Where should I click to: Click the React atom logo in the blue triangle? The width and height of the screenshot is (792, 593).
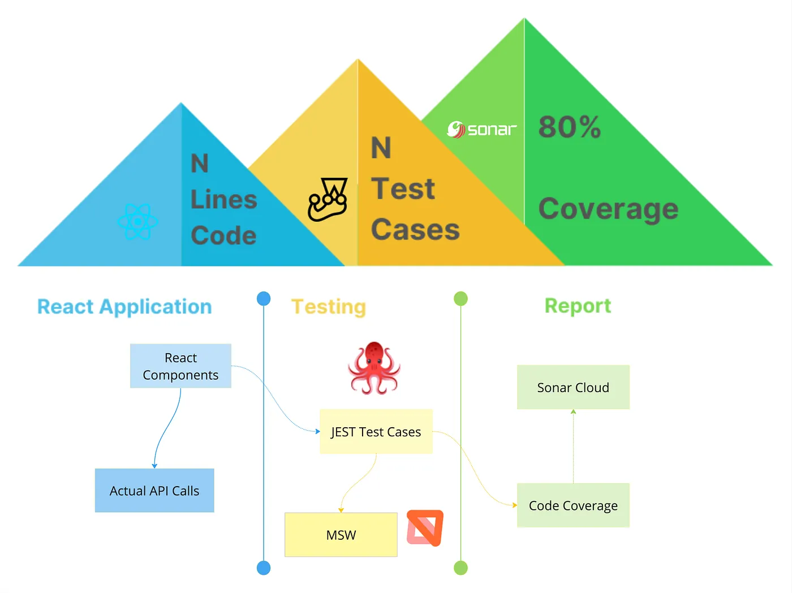137,221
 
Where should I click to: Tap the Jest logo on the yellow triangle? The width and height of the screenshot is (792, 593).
328,200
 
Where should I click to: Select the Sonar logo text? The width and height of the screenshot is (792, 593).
482,130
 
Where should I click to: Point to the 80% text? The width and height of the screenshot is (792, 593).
569,127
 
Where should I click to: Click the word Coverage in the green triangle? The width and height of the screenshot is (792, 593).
608,209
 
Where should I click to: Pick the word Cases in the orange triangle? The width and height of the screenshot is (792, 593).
415,230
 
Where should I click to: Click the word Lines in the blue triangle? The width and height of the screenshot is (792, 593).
223,200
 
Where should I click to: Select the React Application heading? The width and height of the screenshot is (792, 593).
124,307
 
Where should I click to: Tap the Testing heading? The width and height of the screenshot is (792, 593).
329,307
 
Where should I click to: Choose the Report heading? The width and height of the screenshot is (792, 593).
578,306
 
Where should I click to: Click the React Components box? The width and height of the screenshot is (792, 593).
180,366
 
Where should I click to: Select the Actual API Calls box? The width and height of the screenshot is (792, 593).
154,491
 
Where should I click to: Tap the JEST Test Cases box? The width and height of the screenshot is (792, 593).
376,432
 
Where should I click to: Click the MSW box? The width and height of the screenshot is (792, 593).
341,535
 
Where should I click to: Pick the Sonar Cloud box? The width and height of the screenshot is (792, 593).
573,388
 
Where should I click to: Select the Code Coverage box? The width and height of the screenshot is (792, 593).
573,505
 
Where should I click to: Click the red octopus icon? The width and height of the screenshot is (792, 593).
374,368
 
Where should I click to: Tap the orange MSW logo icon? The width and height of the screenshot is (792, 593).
425,528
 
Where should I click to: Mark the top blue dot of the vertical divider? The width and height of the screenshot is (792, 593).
264,298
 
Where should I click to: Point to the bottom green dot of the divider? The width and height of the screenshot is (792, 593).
461,568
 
